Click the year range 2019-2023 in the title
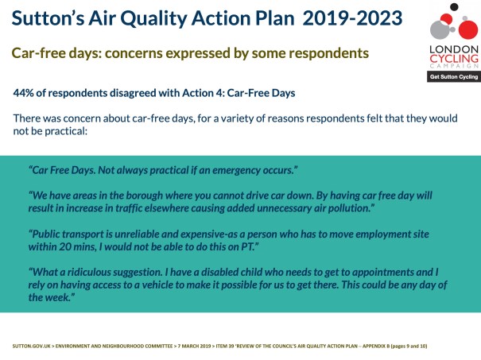352,17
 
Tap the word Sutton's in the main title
49,17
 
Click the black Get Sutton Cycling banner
453,77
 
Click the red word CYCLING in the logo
453,56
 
